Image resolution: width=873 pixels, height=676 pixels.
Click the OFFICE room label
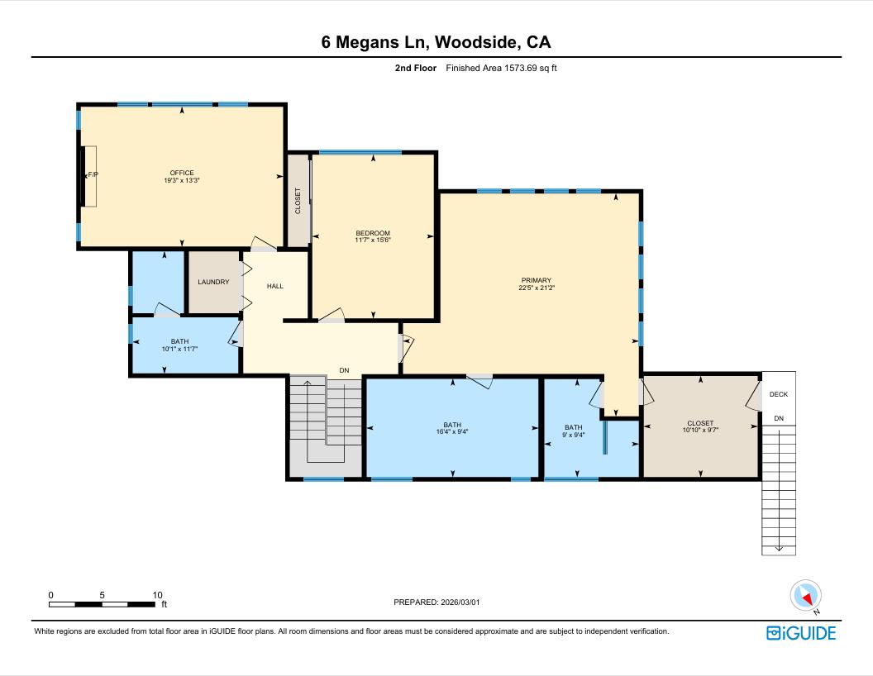[x=182, y=173]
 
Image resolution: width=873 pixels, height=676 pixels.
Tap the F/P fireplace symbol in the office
[x=91, y=175]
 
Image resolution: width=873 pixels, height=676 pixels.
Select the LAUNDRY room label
[x=213, y=282]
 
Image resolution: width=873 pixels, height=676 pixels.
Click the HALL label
[x=275, y=286]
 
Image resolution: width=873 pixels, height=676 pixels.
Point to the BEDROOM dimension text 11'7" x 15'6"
[x=373, y=240]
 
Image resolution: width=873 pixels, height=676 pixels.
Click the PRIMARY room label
[x=536, y=280]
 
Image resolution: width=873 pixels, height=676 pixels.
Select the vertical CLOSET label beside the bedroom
[x=298, y=201]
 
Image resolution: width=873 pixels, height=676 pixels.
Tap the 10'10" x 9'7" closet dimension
[x=700, y=431]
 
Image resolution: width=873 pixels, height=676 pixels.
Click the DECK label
[x=779, y=394]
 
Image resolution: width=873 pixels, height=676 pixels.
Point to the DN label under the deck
[x=779, y=418]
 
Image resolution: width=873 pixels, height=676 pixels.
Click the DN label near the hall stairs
[x=345, y=369]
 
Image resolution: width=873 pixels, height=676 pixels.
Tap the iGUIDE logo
[x=801, y=633]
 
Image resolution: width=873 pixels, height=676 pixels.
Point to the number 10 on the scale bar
[x=157, y=595]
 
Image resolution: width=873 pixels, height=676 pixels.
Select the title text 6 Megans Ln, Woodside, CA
[x=436, y=42]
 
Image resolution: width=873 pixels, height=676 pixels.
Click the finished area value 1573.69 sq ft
[x=502, y=69]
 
